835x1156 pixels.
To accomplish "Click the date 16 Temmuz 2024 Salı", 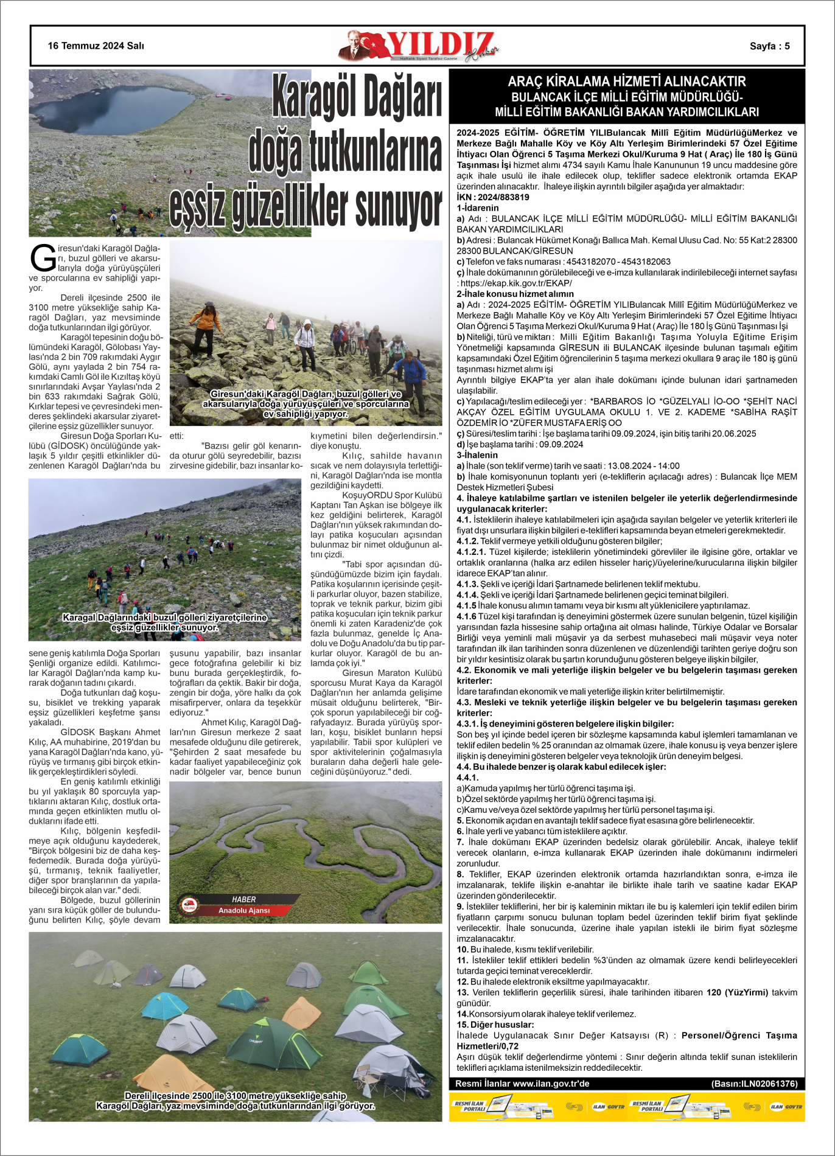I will point(96,46).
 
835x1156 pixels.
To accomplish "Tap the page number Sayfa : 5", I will point(769,46).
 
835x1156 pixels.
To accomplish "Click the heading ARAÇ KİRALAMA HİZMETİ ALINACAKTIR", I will point(626,82).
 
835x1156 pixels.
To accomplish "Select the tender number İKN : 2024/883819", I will point(493,197).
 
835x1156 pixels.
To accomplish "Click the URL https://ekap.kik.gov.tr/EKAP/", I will point(516,283).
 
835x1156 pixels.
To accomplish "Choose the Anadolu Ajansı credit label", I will point(244,910).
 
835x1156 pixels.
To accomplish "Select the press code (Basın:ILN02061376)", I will point(754,1084).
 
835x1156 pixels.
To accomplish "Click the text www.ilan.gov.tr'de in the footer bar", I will point(551,1084).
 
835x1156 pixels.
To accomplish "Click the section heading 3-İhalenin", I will point(477,455).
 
